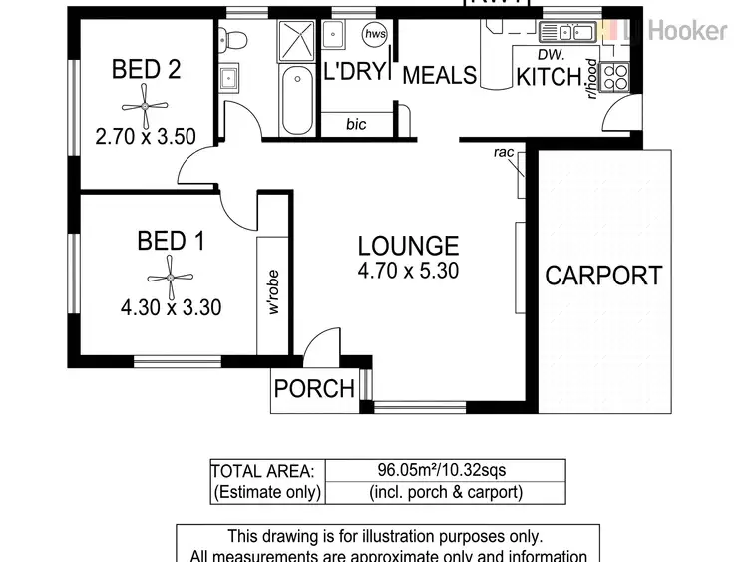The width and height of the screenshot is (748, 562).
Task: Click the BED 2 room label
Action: coord(146,69)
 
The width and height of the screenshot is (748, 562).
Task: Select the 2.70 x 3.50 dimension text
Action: coord(146,136)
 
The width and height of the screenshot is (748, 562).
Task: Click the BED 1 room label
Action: coord(171,241)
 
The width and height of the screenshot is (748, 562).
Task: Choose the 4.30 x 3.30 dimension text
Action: coord(171,308)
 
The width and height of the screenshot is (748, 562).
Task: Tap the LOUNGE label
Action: coord(408,246)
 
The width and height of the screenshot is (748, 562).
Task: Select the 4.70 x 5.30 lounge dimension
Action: coord(408,271)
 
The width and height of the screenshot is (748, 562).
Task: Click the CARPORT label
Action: coord(603,276)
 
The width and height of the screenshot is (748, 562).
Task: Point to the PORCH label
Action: coord(314,389)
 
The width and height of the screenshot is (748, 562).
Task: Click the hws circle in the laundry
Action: coord(375,35)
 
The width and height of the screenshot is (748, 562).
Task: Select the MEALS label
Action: coord(439,76)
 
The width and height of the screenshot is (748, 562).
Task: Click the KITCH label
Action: coord(548,76)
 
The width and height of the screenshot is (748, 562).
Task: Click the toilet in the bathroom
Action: coord(231,39)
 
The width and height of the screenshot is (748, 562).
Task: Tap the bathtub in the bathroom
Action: coord(296,103)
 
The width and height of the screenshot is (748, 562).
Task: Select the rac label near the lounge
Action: coord(503,153)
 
